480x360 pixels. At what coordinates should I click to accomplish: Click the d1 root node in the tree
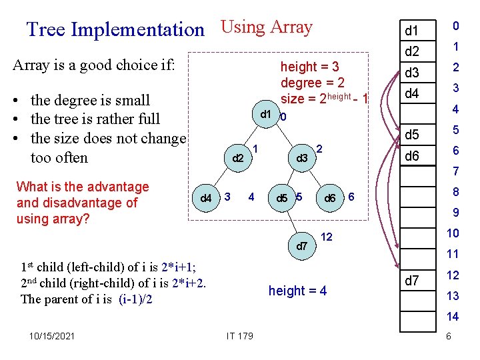coord(265,114)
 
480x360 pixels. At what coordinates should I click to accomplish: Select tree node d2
coord(237,159)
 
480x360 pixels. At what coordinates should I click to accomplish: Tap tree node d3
coord(302,158)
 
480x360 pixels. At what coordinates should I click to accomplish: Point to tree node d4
coord(207,198)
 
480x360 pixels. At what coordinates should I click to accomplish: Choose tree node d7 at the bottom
coord(302,246)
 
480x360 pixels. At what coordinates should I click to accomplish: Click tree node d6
coord(329,198)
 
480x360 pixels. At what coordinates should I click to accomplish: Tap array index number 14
coord(453,317)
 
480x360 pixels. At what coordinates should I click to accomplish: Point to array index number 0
coord(455,26)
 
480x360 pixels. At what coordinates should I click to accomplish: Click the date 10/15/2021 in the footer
coord(53,336)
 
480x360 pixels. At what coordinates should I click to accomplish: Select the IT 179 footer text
coord(240,336)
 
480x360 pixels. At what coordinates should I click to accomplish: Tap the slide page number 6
coord(449,336)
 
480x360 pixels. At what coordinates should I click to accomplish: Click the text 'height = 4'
coord(297,291)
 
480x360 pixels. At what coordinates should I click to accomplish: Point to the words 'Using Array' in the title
coord(266,27)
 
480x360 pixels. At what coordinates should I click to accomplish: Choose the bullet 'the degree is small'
coord(90,100)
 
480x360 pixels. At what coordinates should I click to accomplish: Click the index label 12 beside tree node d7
coord(327,237)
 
